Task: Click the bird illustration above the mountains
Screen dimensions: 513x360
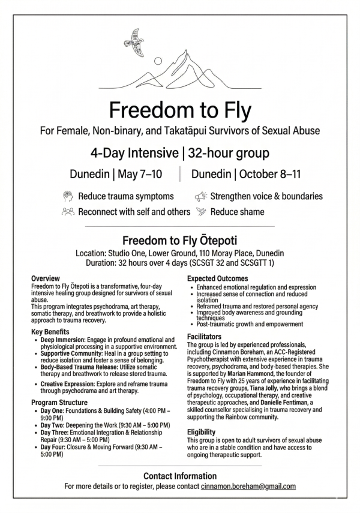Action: click(134, 43)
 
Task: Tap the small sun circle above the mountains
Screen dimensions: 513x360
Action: click(158, 61)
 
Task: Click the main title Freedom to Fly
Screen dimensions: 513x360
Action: click(180, 111)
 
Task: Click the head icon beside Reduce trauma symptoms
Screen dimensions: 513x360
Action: click(67, 196)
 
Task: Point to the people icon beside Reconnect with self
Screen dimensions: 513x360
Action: click(67, 211)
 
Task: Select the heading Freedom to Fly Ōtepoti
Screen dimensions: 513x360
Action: click(180, 240)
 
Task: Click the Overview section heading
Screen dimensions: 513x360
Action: click(45, 278)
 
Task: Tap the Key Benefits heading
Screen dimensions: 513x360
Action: click(50, 331)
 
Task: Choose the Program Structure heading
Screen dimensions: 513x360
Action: click(59, 402)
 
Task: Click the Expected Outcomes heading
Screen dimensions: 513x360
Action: click(217, 278)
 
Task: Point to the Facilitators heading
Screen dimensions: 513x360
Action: click(204, 337)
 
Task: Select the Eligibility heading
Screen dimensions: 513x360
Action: click(201, 431)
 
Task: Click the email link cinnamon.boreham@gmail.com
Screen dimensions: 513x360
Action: click(248, 486)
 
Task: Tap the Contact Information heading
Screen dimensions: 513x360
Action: click(180, 476)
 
